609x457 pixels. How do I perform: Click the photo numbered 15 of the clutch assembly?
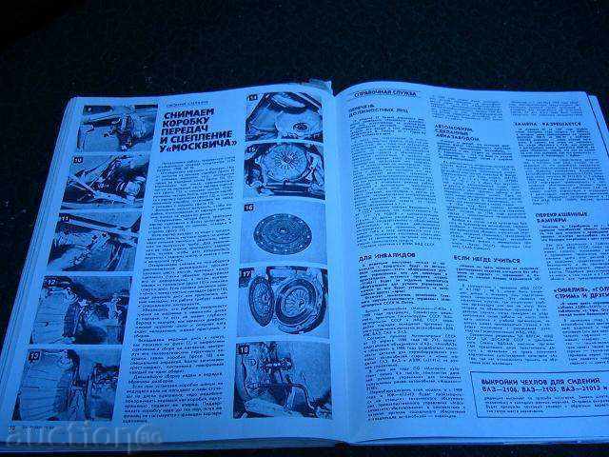tap(285, 169)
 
